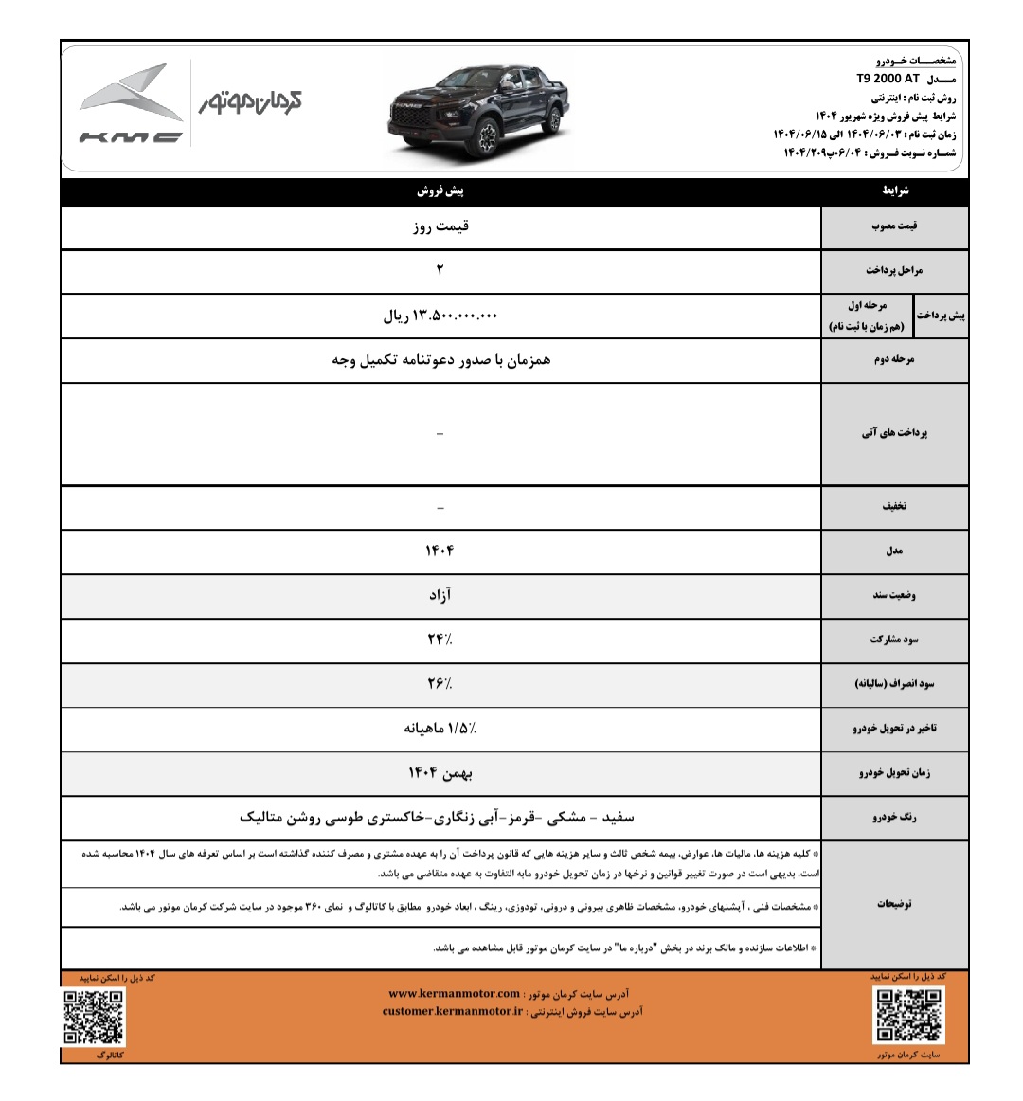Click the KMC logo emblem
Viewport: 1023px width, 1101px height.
click(x=131, y=105)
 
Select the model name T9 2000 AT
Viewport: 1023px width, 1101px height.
click(x=888, y=80)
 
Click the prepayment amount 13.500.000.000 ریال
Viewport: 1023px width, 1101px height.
click(x=440, y=316)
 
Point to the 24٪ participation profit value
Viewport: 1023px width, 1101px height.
click(x=440, y=640)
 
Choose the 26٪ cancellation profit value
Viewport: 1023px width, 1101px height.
click(x=440, y=683)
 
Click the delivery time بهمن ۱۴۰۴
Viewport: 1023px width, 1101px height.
click(x=440, y=773)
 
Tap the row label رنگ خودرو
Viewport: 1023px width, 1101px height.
click(x=894, y=818)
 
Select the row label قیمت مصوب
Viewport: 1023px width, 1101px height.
click(x=894, y=227)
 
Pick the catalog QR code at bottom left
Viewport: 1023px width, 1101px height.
click(x=93, y=1016)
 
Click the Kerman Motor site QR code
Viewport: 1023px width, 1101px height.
click(x=908, y=1015)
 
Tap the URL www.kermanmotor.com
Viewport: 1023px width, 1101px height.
click(x=455, y=994)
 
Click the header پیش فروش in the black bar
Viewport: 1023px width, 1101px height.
click(x=440, y=191)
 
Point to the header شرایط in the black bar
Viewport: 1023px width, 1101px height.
click(x=895, y=191)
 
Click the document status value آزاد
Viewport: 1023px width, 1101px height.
click(x=440, y=595)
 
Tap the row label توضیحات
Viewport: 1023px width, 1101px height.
click(x=894, y=904)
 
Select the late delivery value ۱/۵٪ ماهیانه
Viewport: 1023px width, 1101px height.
click(x=440, y=729)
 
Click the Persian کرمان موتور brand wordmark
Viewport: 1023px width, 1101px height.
click(x=250, y=102)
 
